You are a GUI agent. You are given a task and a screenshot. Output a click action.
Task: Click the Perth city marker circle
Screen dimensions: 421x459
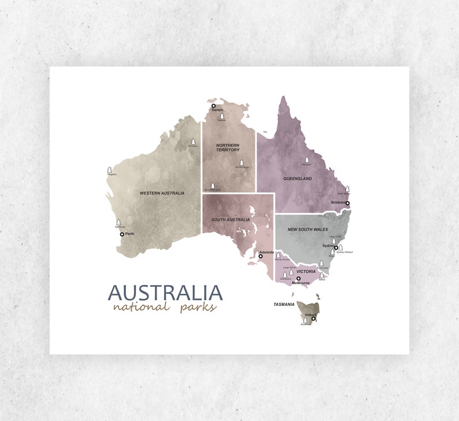122,234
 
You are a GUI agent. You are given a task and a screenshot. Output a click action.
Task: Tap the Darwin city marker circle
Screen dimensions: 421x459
213,106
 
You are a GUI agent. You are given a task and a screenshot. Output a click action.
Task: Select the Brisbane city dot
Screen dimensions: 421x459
347,203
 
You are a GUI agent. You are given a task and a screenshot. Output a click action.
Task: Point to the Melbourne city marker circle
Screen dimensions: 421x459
298,278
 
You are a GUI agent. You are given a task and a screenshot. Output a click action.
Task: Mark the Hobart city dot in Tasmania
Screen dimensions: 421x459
313,319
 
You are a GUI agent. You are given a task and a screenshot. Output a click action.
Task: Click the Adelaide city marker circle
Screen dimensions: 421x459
261,256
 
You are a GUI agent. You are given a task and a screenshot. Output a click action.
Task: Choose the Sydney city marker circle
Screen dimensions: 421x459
336,248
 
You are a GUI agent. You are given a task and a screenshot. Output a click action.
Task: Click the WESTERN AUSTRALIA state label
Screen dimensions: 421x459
162,193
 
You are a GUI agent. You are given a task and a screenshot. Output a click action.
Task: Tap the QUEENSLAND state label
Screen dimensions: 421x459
297,179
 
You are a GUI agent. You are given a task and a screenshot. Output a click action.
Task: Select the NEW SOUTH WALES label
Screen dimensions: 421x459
308,230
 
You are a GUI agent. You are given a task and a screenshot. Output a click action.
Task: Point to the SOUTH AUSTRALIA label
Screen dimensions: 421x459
231,220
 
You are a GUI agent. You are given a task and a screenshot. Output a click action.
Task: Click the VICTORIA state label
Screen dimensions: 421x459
306,271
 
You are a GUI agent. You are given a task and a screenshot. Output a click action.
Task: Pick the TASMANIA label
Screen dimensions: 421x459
284,304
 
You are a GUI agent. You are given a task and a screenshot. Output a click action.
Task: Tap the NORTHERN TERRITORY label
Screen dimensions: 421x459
228,147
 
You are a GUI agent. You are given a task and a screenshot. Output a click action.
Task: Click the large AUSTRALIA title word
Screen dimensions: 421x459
165,293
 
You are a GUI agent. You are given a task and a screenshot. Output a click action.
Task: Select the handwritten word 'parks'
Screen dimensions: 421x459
197,307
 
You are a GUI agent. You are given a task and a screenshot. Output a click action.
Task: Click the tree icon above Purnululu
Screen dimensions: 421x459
193,142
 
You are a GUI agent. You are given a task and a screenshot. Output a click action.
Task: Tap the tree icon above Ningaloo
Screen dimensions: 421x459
110,170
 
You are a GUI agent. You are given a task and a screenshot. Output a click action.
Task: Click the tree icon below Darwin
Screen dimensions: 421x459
221,117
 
